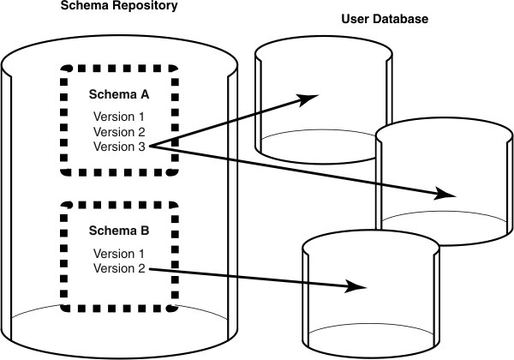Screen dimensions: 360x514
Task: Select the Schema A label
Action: tap(119, 93)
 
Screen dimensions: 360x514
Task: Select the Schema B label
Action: tap(119, 231)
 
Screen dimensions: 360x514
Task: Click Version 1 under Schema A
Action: tap(119, 117)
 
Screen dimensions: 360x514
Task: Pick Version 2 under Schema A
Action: tap(119, 132)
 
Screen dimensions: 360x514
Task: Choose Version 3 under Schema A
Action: tap(119, 147)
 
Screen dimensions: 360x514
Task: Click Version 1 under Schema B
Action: tap(119, 254)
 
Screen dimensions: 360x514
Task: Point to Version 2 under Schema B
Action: tap(119, 269)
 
